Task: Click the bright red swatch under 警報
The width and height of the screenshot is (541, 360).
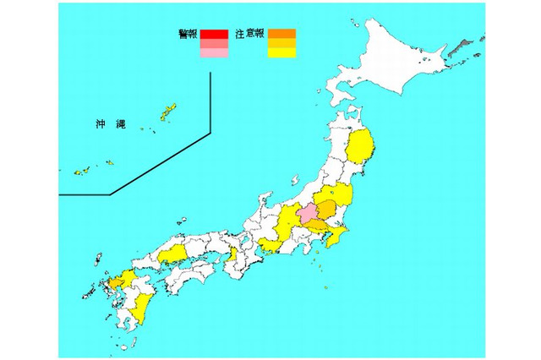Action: point(214,35)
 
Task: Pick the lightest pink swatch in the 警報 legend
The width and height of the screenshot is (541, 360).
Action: point(214,53)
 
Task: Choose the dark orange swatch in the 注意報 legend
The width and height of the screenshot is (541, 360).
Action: point(281,35)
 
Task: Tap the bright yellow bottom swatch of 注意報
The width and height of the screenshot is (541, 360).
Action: point(281,53)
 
